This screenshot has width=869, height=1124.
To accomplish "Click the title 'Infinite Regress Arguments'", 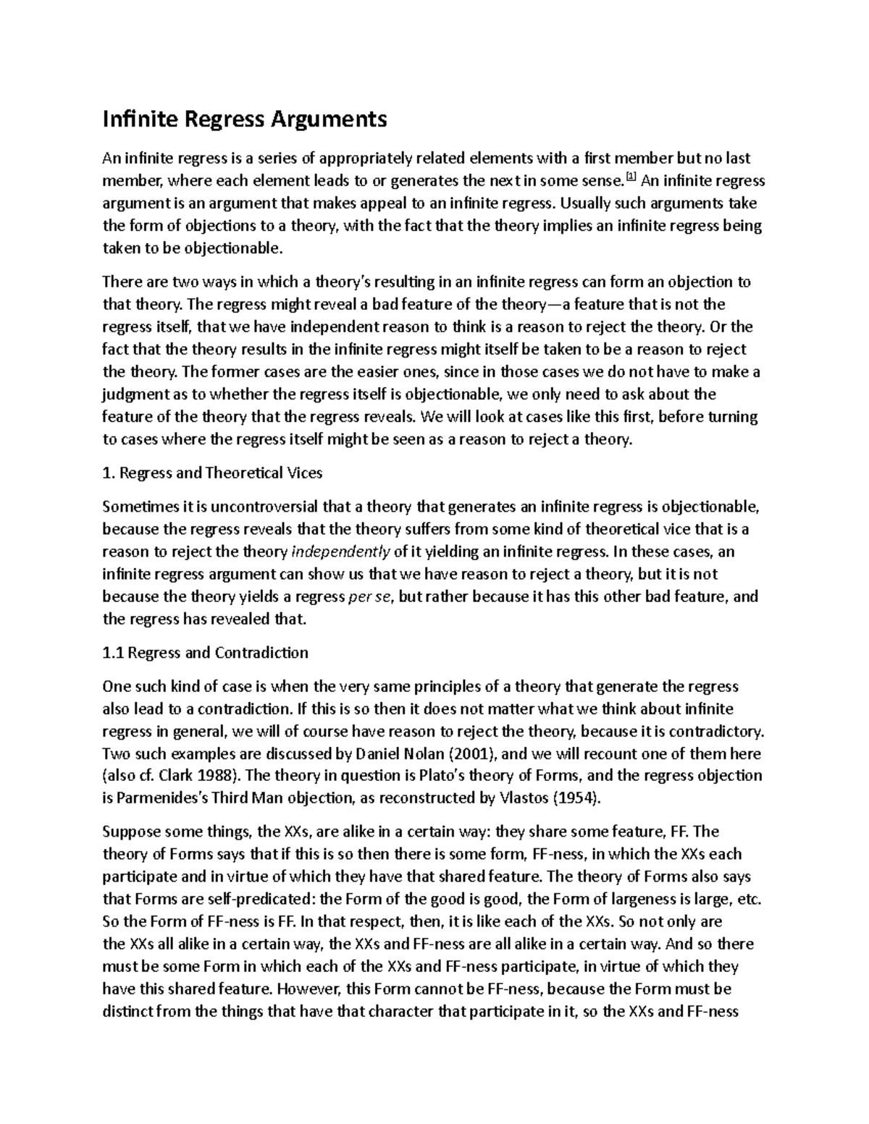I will pyautogui.click(x=245, y=119).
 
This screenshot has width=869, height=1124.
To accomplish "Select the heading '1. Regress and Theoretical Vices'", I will pyautogui.click(x=212, y=473).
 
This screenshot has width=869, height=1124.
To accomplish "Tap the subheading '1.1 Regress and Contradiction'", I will pyautogui.click(x=206, y=653).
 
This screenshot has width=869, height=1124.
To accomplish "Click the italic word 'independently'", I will pyautogui.click(x=340, y=552).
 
